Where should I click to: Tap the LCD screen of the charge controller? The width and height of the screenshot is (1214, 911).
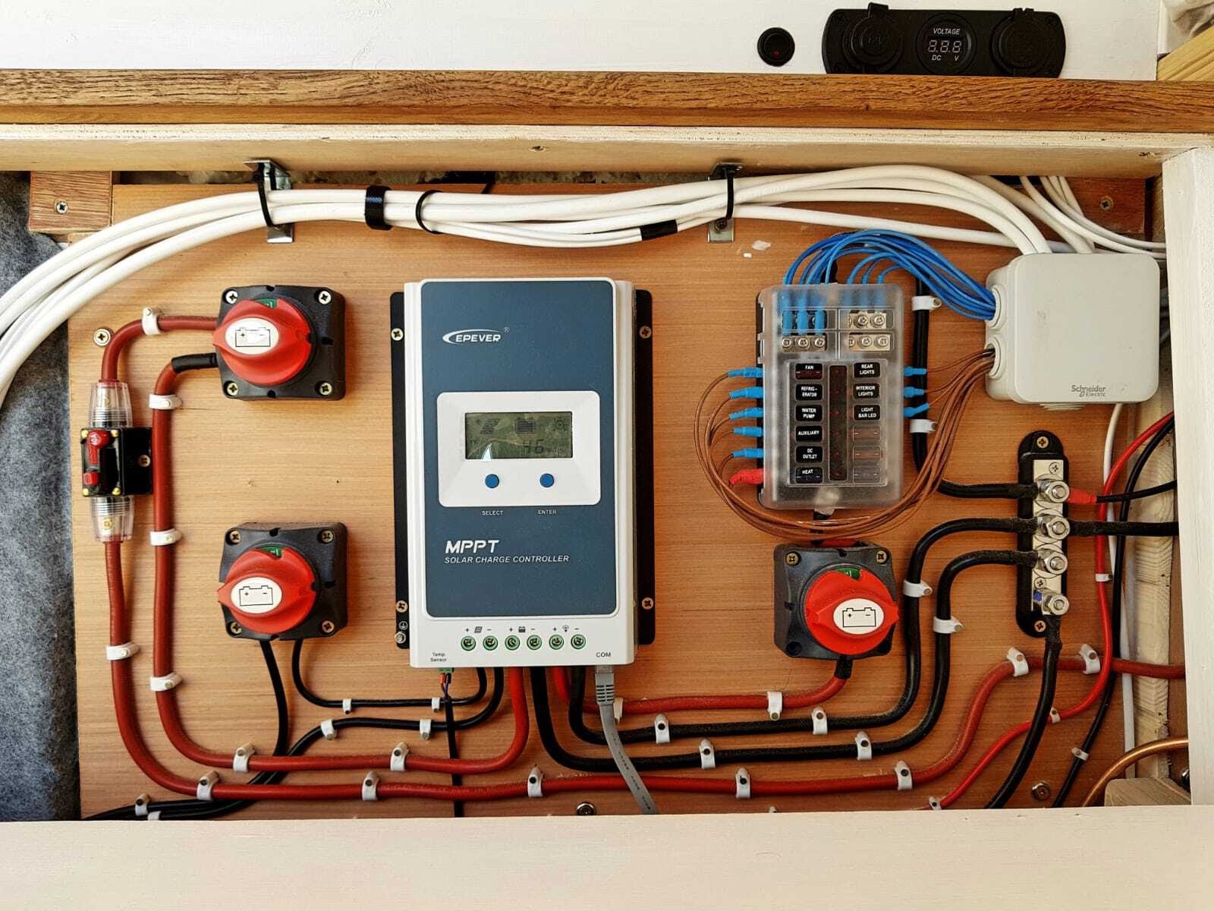point(518,436)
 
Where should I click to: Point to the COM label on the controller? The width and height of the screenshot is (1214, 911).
point(603,654)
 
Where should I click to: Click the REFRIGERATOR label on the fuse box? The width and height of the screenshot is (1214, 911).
point(809,392)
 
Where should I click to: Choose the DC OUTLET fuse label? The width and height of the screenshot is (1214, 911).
point(809,454)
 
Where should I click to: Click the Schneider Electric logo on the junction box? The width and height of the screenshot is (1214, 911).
point(1088,390)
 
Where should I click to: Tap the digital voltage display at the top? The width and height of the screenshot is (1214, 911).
point(945,46)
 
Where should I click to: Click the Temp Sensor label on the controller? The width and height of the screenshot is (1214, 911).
point(439,657)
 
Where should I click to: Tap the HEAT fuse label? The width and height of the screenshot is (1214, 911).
point(809,473)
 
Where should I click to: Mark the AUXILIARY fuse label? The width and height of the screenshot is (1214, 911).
point(809,433)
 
